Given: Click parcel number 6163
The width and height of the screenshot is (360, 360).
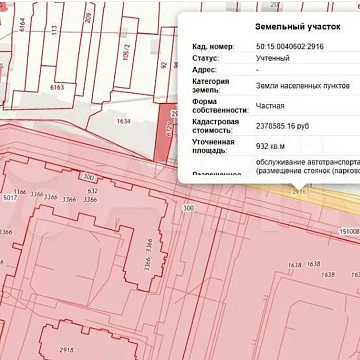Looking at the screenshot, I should pyautogui.click(x=56, y=88).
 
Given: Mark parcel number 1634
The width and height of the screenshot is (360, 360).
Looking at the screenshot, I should pyautogui.click(x=123, y=121).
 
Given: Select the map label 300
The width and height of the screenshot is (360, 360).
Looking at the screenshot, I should pyautogui.click(x=188, y=207).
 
